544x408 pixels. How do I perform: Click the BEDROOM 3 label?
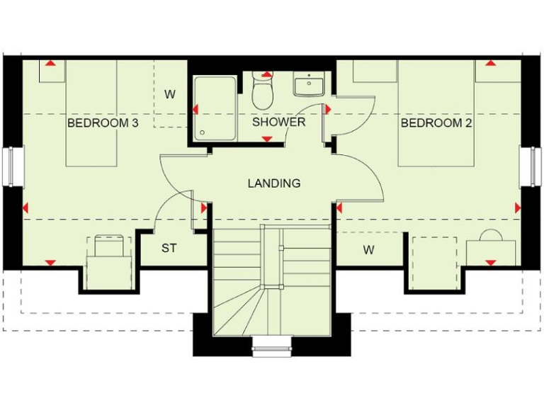(103, 123)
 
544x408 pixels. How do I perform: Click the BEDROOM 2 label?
(436, 123)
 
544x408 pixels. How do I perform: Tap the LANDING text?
(273, 183)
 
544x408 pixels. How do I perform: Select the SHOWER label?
(279, 122)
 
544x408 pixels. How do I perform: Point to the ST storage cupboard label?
(169, 249)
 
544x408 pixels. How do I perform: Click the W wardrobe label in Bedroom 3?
(170, 94)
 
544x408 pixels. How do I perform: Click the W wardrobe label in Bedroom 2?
(368, 250)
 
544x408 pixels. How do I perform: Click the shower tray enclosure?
(215, 108)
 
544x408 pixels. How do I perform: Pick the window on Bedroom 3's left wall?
(11, 166)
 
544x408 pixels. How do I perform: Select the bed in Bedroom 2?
(435, 113)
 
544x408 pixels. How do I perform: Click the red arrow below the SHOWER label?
(267, 139)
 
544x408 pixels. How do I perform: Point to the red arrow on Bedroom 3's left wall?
(26, 208)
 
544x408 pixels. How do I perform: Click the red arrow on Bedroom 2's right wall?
(516, 208)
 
